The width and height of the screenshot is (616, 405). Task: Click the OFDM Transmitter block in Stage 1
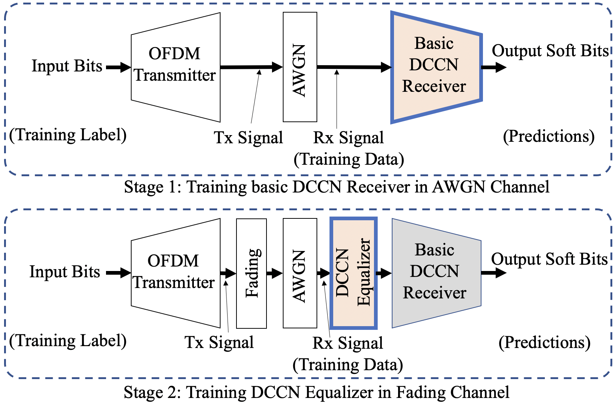(x=175, y=67)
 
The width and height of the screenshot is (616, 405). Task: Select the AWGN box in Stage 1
(x=300, y=67)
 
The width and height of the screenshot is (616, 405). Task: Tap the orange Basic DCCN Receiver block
(x=436, y=67)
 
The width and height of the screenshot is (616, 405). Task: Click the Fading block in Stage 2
(x=251, y=273)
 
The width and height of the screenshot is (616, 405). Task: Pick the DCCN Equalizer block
(x=354, y=273)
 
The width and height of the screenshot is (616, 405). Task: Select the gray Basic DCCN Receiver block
(x=436, y=273)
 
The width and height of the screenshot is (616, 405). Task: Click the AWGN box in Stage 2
(x=300, y=273)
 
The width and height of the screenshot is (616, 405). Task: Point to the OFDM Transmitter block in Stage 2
(x=175, y=273)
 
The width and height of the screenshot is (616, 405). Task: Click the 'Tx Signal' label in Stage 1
(x=248, y=137)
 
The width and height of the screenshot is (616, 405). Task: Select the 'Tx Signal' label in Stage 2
(x=219, y=342)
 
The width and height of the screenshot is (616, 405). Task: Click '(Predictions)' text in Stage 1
(x=549, y=136)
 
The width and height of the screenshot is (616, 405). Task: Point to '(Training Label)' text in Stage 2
(x=68, y=341)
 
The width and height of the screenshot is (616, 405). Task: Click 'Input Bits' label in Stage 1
(x=67, y=66)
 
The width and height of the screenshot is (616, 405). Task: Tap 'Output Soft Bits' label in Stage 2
(x=549, y=259)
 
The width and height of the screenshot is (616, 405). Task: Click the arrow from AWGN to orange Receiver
(x=354, y=67)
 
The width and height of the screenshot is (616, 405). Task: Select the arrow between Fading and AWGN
(x=275, y=273)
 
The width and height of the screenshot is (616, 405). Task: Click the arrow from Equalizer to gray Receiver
(x=384, y=273)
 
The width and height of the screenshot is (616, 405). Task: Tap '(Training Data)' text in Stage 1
(x=349, y=160)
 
